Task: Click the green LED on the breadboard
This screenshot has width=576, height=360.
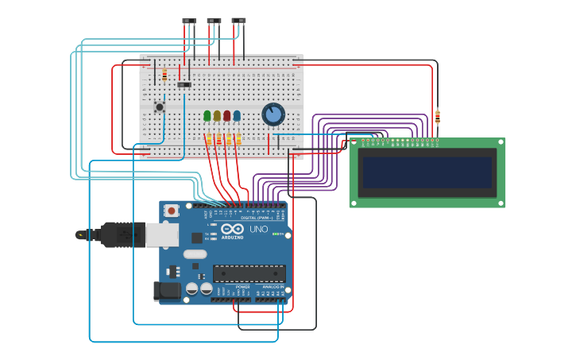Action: pyautogui.click(x=207, y=116)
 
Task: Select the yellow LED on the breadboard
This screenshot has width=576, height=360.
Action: pyautogui.click(x=217, y=116)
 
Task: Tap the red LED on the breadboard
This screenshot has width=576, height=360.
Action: pyautogui.click(x=226, y=116)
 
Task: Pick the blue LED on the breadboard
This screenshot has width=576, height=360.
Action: pyautogui.click(x=237, y=116)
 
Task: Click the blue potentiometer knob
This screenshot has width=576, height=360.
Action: pyautogui.click(x=273, y=114)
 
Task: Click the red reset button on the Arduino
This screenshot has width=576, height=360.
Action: pyautogui.click(x=172, y=211)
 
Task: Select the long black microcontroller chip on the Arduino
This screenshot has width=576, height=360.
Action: pyautogui.click(x=249, y=273)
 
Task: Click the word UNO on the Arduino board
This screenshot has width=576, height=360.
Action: pyautogui.click(x=259, y=229)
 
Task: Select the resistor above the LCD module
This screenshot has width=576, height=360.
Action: pyautogui.click(x=437, y=118)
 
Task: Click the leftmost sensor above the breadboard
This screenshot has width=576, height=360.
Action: pyautogui.click(x=189, y=21)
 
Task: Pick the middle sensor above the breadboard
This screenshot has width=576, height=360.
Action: pyautogui.click(x=214, y=21)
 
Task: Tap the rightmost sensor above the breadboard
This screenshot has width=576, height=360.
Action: pyautogui.click(x=238, y=21)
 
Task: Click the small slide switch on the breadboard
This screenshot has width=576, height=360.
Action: pyautogui.click(x=184, y=85)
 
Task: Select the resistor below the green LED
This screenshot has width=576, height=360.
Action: pyautogui.click(x=209, y=140)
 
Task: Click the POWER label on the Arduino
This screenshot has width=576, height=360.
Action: pyautogui.click(x=231, y=287)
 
